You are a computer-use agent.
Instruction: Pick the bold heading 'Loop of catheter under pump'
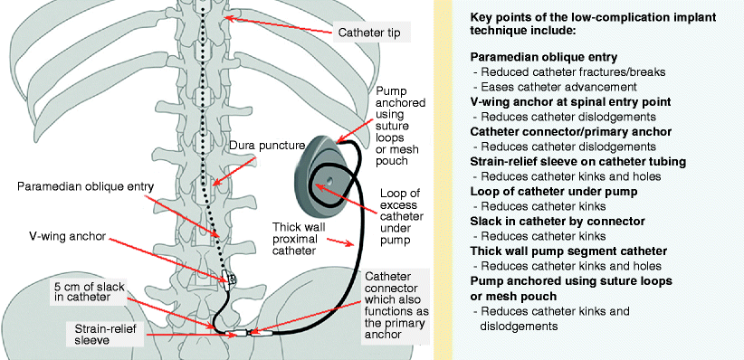pos(553,191)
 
